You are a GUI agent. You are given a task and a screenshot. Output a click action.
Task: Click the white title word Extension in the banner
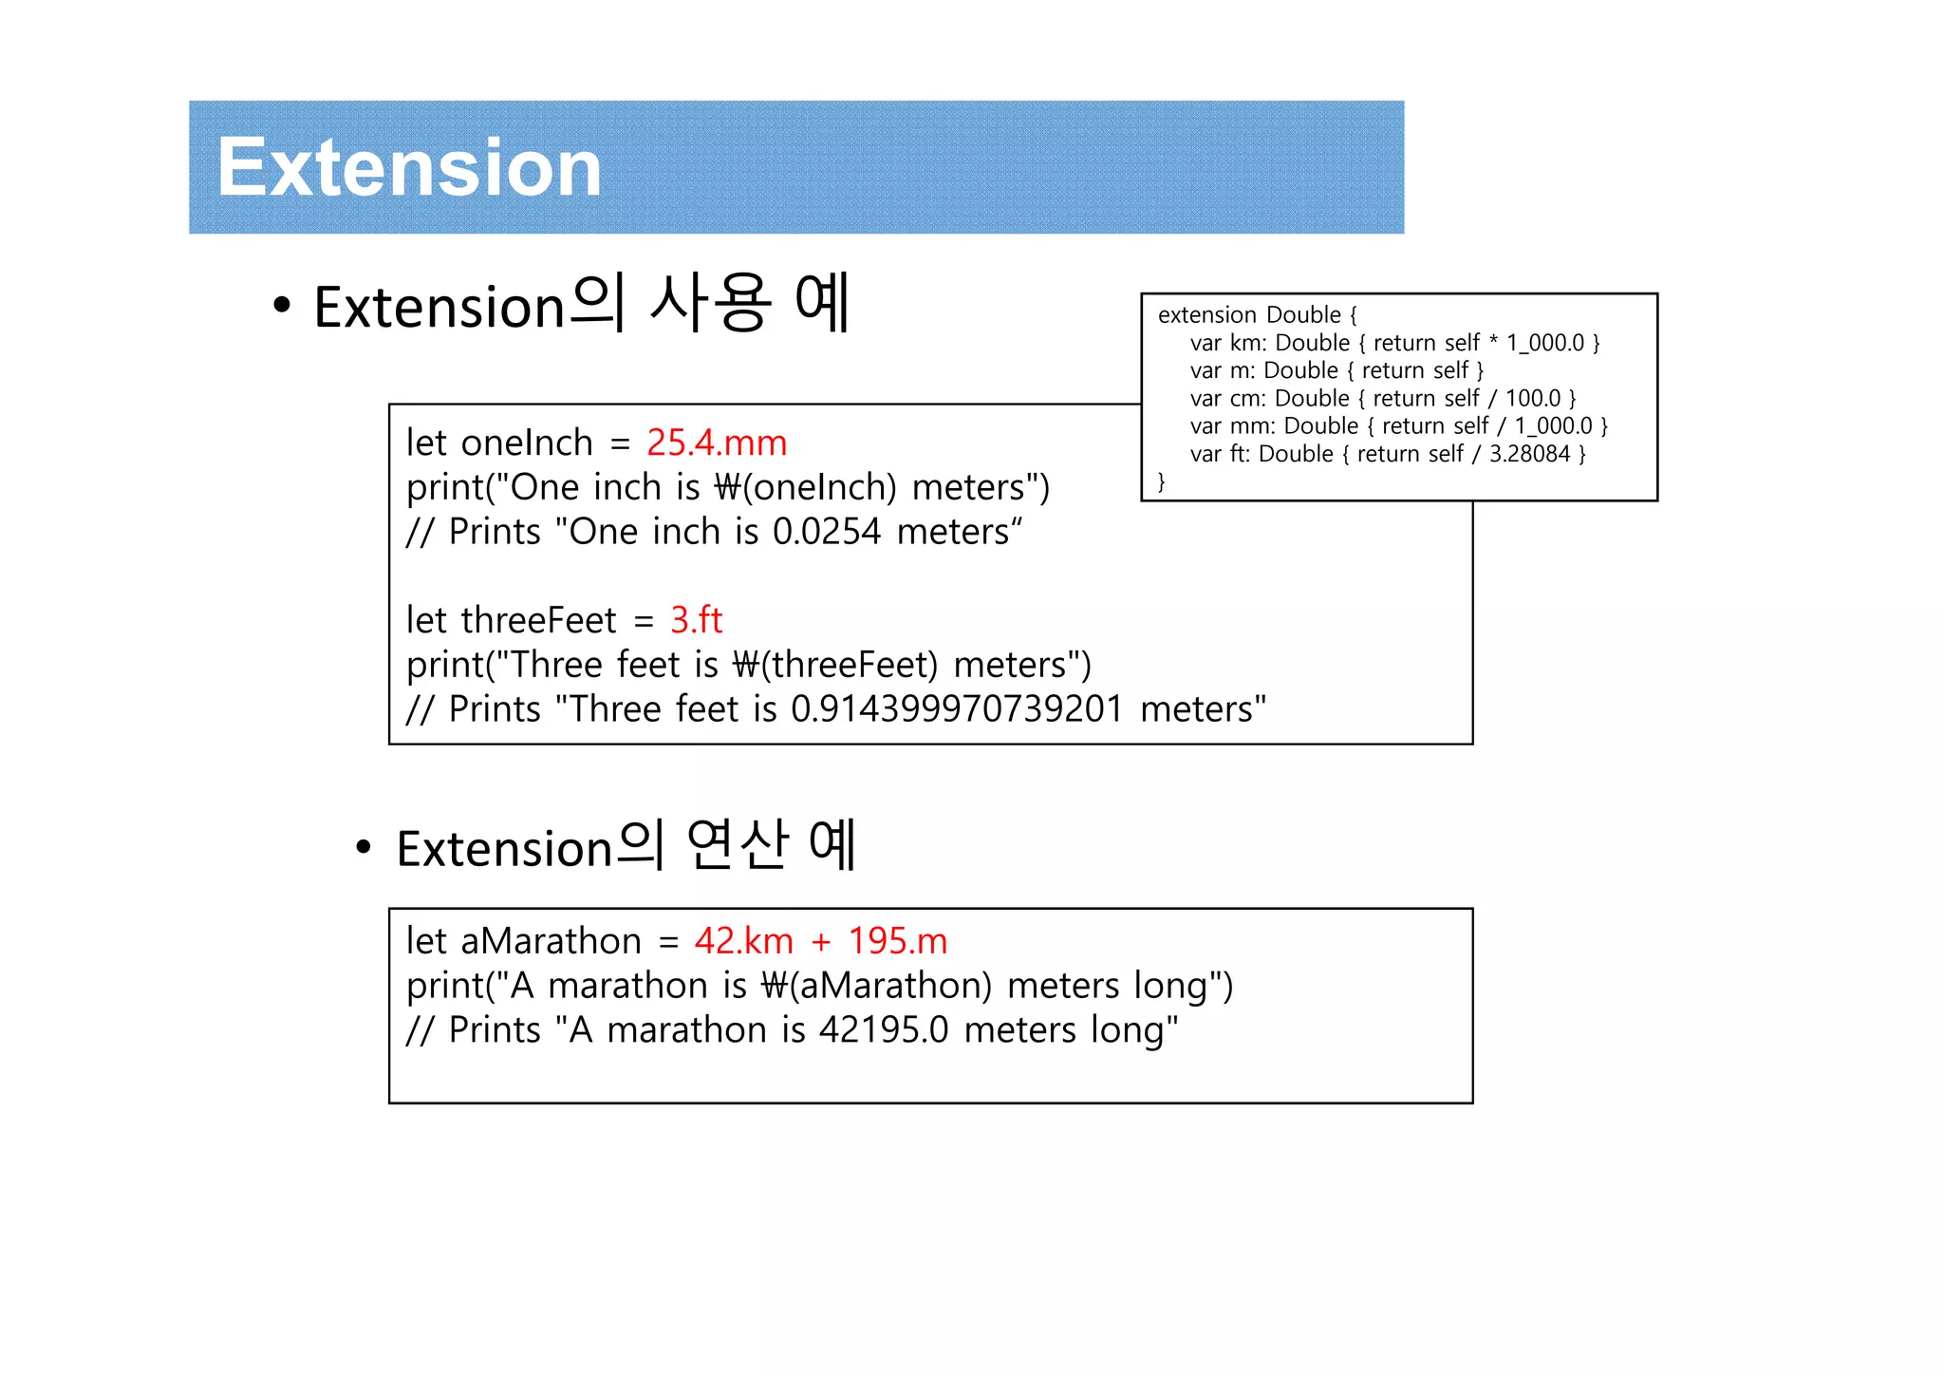(409, 168)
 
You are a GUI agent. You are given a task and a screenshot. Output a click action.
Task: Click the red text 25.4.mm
(717, 443)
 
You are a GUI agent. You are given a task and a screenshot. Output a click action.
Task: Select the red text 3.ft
(696, 620)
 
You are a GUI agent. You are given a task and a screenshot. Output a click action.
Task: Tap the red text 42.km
(743, 941)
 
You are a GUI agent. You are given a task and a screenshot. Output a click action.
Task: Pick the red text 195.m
(897, 941)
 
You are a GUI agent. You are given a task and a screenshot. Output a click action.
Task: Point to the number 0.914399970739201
(957, 709)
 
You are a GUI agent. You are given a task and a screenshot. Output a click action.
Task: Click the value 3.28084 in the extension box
(1529, 454)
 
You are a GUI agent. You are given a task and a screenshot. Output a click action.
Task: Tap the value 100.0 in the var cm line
(1532, 398)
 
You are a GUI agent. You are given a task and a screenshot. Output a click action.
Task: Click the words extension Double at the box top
(1249, 315)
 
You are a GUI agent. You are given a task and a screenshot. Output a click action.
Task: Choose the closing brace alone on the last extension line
(1161, 481)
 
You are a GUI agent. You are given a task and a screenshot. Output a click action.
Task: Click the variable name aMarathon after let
(551, 941)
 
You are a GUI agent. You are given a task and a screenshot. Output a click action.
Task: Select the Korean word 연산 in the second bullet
(738, 844)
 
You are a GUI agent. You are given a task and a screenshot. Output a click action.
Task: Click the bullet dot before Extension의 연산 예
(363, 847)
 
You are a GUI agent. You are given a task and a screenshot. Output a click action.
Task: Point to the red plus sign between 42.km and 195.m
(821, 942)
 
